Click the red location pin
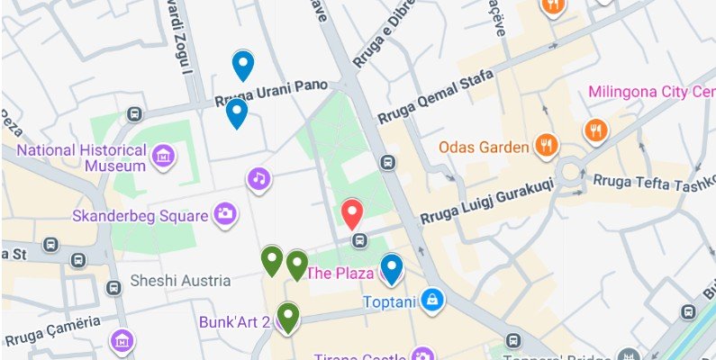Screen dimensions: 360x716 click(352, 214)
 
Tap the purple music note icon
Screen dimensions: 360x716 click(259, 178)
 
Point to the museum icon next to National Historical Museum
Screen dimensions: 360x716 click(163, 157)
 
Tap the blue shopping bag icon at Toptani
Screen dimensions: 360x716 click(433, 298)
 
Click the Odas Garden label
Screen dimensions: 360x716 click(482, 146)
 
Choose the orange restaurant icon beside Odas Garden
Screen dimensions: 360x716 click(545, 144)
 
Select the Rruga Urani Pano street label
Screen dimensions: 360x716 click(278, 93)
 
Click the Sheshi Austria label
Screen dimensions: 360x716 click(179, 281)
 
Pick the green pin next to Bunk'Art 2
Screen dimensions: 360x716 click(287, 318)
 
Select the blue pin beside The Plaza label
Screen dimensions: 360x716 click(391, 268)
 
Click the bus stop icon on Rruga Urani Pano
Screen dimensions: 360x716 click(134, 114)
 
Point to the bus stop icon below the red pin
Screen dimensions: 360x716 click(359, 240)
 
